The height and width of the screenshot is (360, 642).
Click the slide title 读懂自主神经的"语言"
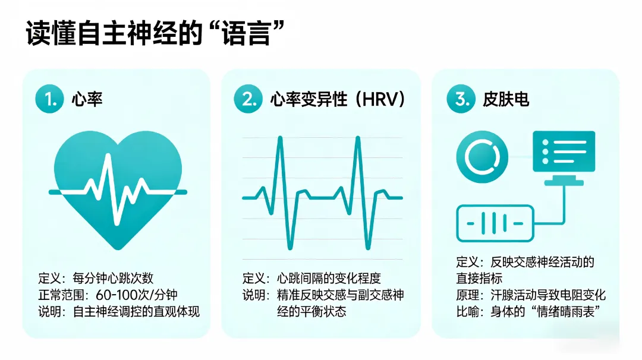[x=153, y=34]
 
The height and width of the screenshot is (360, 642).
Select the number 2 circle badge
[x=248, y=100]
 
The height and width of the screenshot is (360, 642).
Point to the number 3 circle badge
[x=461, y=100]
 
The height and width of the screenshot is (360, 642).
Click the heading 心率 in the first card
[x=87, y=100]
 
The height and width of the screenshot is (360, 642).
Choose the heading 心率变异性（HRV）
[x=338, y=100]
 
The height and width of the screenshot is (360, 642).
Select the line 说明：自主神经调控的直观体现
[x=118, y=311]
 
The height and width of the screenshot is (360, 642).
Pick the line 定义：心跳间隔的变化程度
[x=311, y=278]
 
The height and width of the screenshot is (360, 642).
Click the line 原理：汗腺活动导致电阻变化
[x=530, y=295]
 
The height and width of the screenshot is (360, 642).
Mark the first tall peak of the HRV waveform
[x=280, y=140]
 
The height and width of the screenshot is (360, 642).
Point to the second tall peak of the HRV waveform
[x=358, y=140]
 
